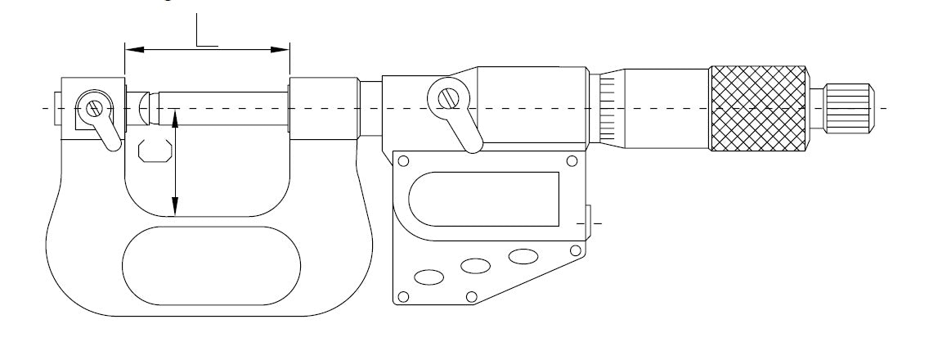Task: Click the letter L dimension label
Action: pyautogui.click(x=206, y=29)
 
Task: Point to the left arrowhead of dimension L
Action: pyautogui.click(x=134, y=50)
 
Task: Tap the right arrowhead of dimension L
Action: pyautogui.click(x=280, y=50)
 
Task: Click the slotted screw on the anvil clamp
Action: pyautogui.click(x=93, y=109)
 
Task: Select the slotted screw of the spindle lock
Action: pyautogui.click(x=448, y=97)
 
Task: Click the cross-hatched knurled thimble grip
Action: pyautogui.click(x=758, y=108)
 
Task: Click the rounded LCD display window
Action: pyautogui.click(x=483, y=200)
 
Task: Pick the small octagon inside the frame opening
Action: pyautogui.click(x=155, y=151)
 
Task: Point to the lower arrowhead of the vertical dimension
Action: pyautogui.click(x=175, y=206)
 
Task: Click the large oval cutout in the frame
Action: pyautogui.click(x=211, y=266)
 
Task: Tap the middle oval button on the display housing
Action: pyautogui.click(x=476, y=266)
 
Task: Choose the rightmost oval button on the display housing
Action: pyautogui.click(x=523, y=256)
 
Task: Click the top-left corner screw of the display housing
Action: pyautogui.click(x=403, y=160)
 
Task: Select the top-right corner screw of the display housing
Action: pyautogui.click(x=572, y=160)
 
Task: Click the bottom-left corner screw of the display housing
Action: pyautogui.click(x=403, y=296)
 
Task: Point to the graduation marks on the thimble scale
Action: pyautogui.click(x=608, y=109)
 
